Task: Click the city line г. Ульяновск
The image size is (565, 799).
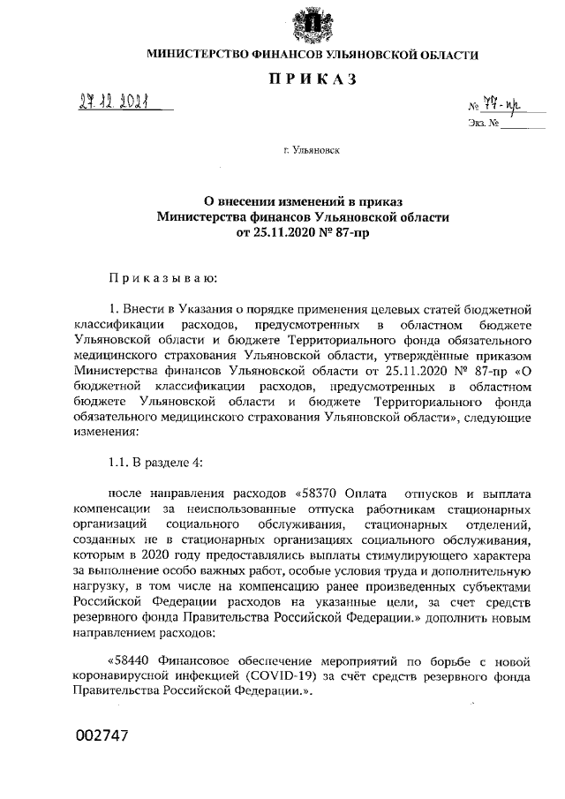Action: [312, 151]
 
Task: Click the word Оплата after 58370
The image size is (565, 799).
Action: [368, 494]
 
